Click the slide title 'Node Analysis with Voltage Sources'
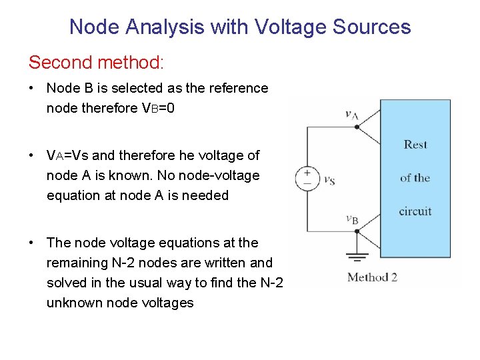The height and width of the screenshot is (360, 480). click(x=240, y=27)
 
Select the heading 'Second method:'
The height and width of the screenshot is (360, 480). click(x=95, y=63)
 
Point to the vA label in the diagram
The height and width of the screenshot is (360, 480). click(x=352, y=115)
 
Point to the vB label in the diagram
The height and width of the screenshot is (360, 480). click(x=352, y=219)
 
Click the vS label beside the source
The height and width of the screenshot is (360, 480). click(x=329, y=180)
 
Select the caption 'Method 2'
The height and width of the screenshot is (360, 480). click(x=372, y=277)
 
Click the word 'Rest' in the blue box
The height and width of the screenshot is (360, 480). click(x=415, y=145)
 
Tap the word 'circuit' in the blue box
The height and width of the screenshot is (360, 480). click(x=415, y=211)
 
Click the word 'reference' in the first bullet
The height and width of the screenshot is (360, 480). click(x=239, y=88)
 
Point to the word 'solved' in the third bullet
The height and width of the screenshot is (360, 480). click(x=65, y=283)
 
